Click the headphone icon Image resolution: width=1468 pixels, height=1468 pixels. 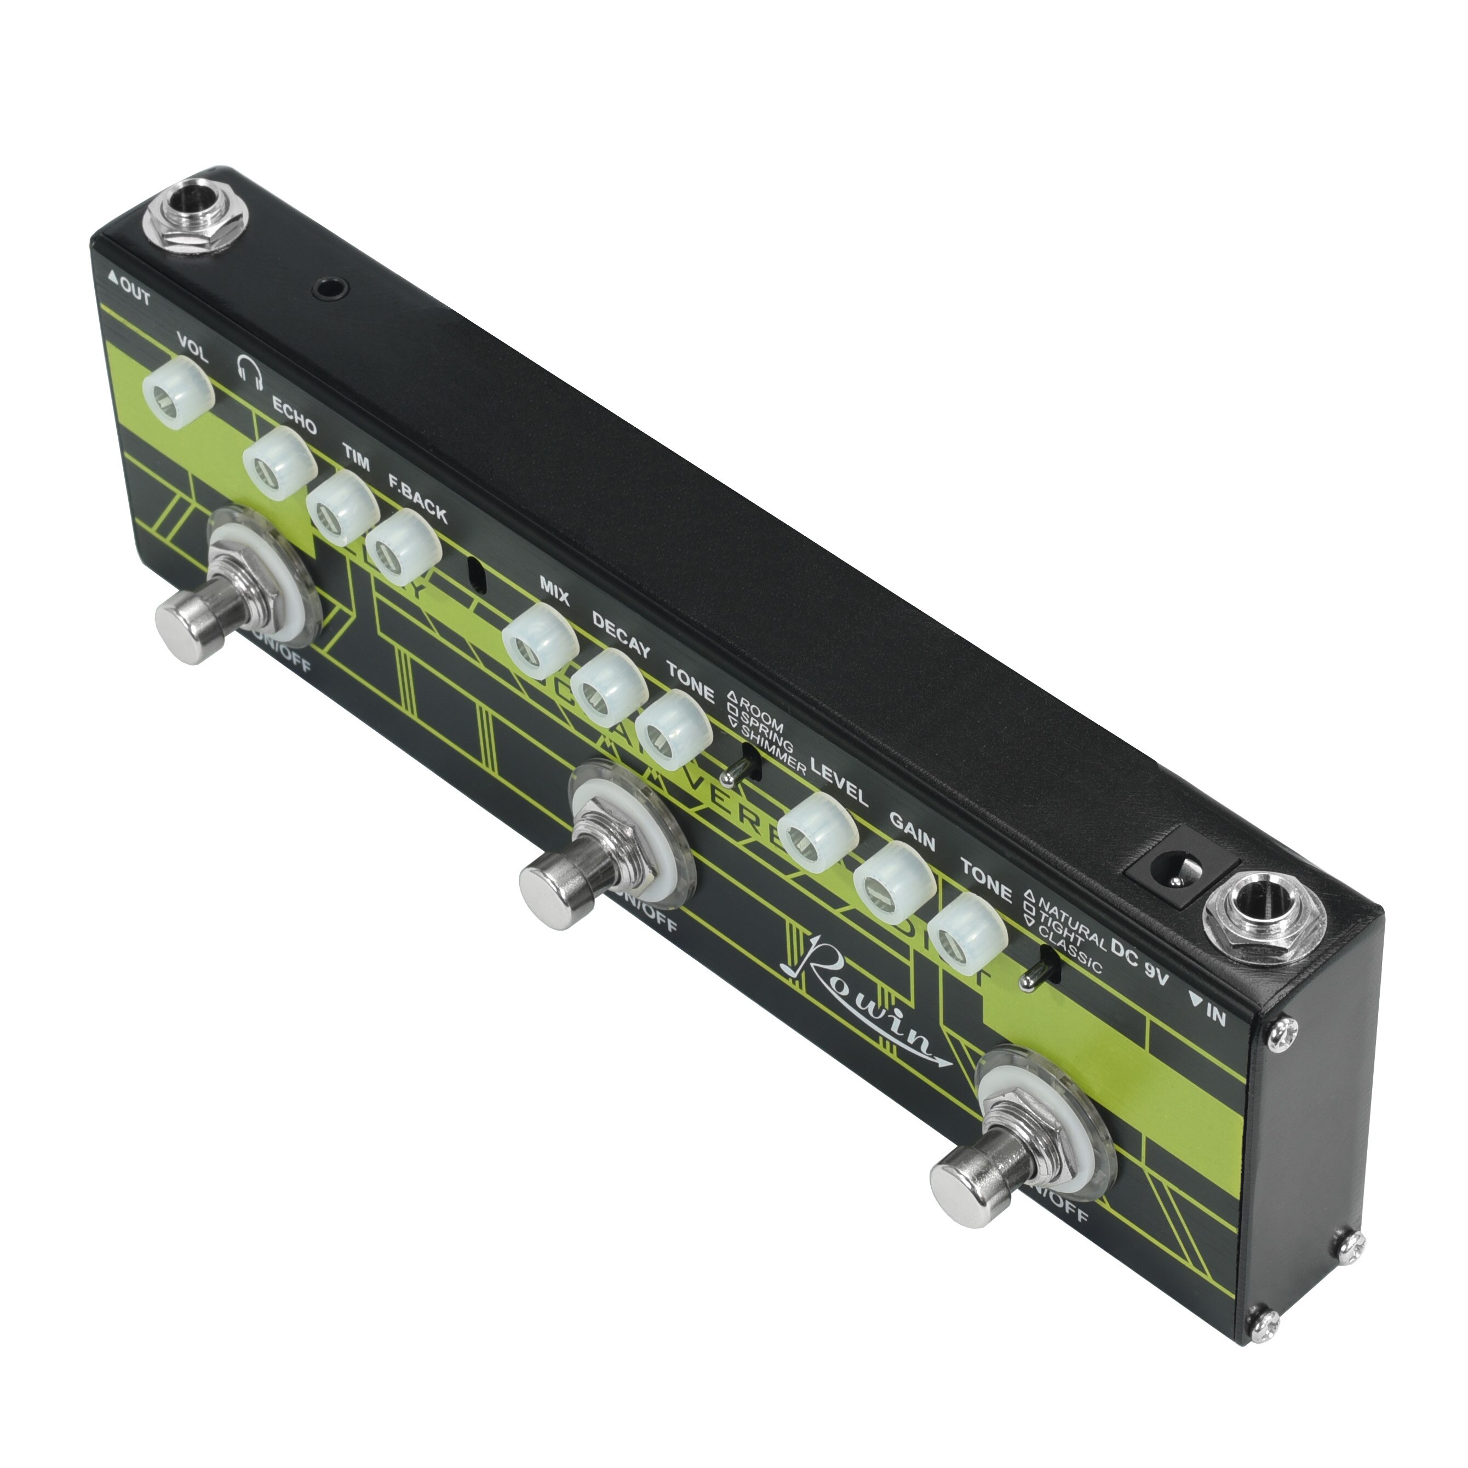249,371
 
